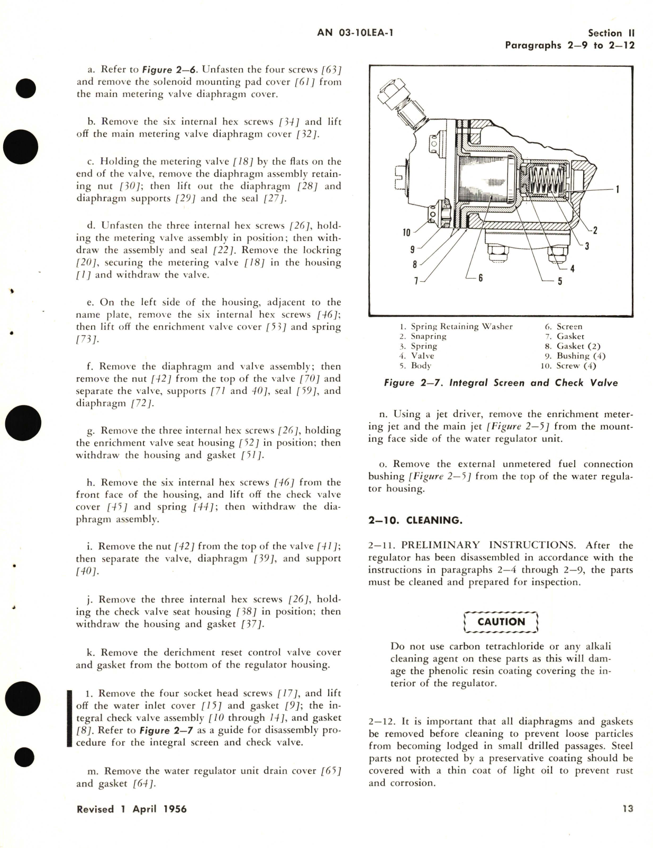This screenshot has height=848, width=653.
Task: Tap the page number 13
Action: (628, 809)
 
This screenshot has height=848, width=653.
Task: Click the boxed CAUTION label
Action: (501, 622)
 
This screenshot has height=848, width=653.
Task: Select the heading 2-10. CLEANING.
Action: (415, 520)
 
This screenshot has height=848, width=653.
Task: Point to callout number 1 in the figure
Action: (618, 189)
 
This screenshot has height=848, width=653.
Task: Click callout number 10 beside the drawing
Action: (406, 232)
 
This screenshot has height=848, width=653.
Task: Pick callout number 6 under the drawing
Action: (480, 277)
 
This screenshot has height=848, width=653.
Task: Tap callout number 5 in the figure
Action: (560, 281)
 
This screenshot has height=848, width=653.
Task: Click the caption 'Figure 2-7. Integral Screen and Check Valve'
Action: (501, 383)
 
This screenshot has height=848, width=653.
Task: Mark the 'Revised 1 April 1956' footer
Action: (131, 809)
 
